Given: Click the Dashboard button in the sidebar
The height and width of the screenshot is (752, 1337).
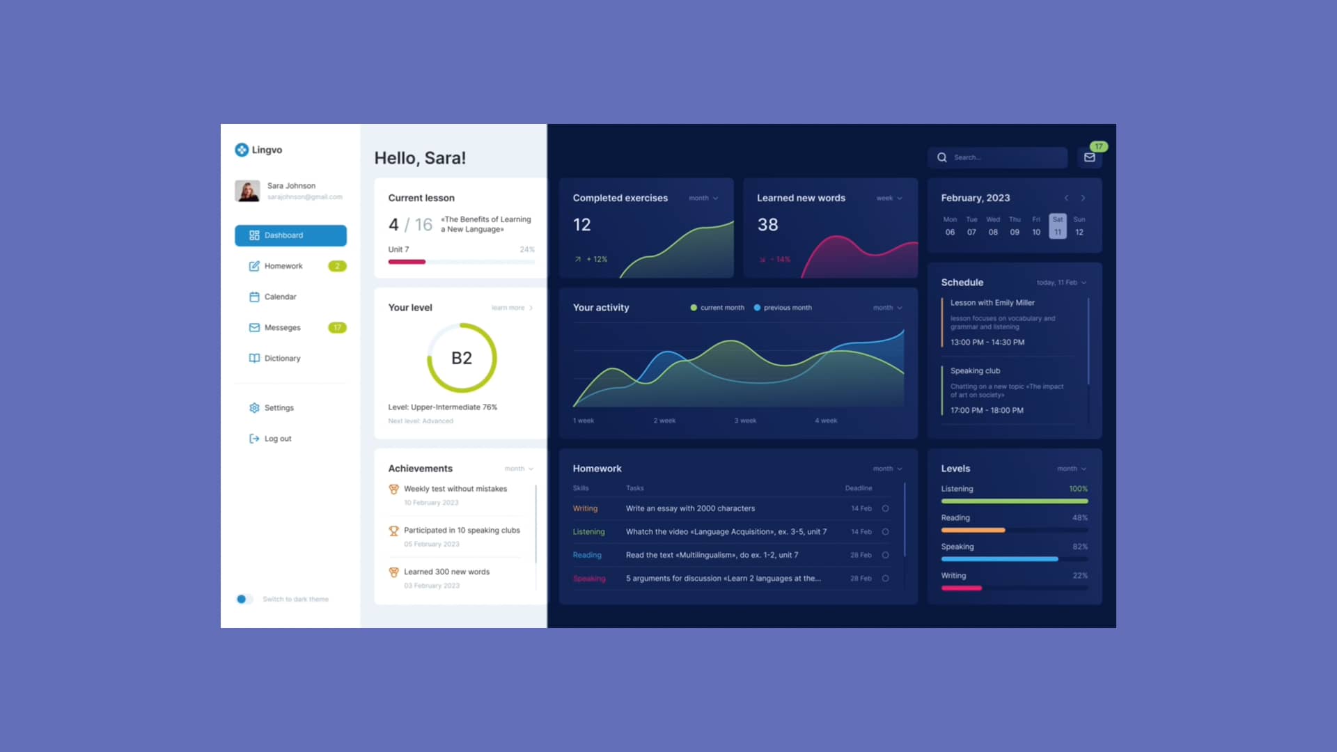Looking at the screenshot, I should click(290, 235).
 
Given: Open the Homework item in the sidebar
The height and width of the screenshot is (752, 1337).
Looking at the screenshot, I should click(283, 266).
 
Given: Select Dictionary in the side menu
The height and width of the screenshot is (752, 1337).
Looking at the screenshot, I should click(282, 359).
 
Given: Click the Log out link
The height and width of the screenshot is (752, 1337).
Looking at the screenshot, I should click(277, 439).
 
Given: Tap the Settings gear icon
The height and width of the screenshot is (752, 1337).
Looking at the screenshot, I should click(254, 408).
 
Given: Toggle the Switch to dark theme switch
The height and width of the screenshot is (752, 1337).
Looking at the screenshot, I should click(242, 599).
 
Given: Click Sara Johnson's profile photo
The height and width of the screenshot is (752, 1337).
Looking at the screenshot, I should click(247, 191).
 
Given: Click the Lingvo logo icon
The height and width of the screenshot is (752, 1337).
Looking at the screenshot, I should click(242, 150).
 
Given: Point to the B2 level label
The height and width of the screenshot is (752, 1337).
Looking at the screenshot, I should click(462, 358).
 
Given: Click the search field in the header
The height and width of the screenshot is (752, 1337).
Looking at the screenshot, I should click(1003, 157).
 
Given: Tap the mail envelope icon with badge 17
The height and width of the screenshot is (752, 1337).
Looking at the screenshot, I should click(1090, 157).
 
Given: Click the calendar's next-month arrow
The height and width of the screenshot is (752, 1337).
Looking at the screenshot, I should click(1083, 198).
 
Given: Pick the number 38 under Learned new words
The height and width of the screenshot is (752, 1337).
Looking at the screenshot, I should click(767, 225).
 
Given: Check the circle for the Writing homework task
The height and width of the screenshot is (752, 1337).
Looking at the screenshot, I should click(886, 508).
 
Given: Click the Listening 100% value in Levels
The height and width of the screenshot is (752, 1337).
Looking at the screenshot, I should click(1078, 489).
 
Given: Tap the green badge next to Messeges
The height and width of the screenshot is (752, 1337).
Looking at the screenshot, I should click(337, 327).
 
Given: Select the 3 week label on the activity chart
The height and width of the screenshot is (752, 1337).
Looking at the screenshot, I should click(745, 421).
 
